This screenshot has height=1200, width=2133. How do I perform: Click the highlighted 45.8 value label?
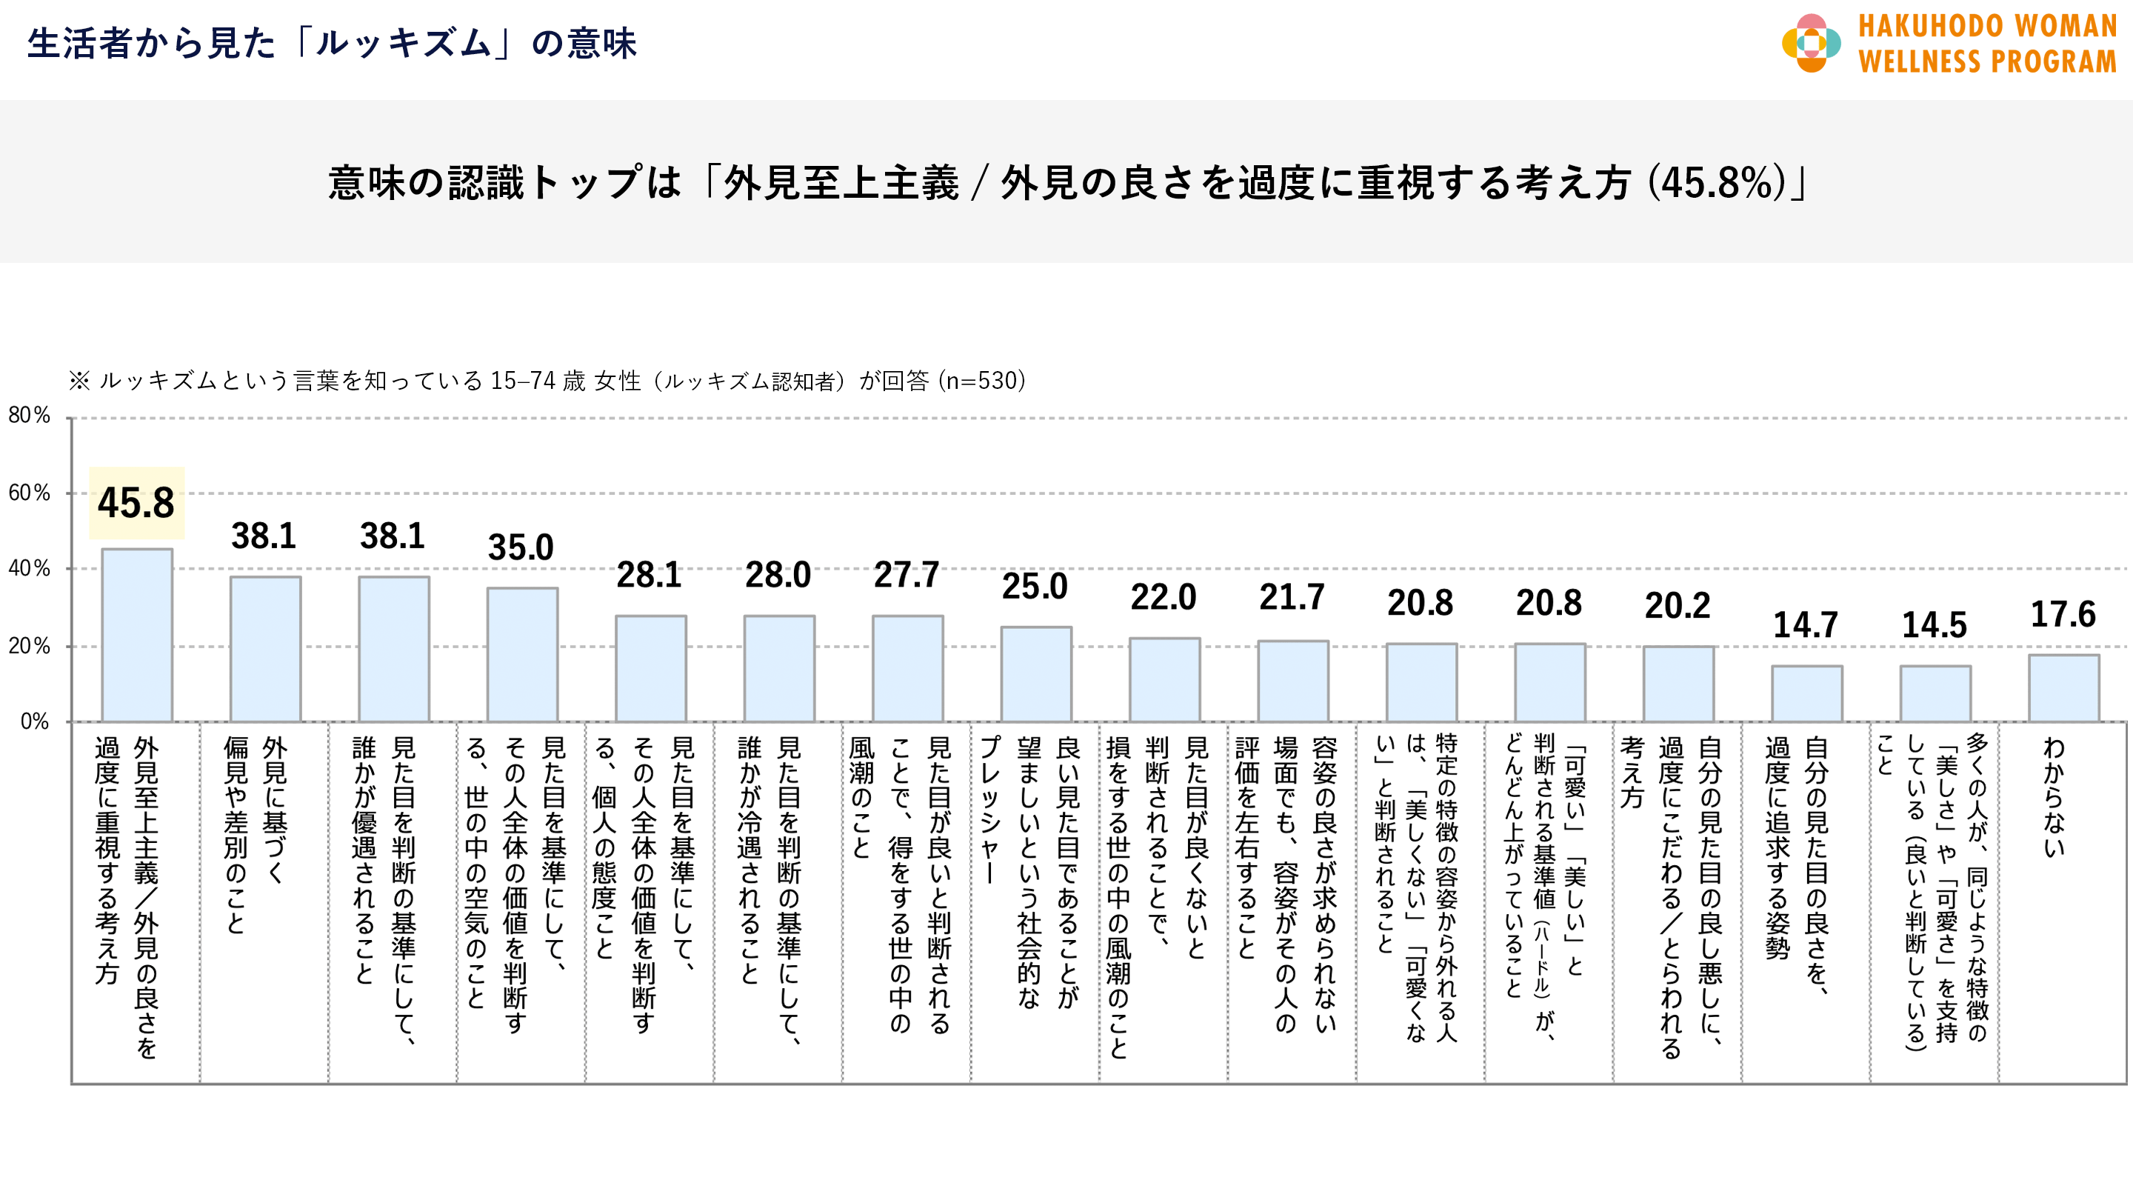[136, 503]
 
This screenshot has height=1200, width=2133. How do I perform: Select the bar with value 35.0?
[521, 654]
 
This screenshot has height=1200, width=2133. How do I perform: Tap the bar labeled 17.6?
[2063, 687]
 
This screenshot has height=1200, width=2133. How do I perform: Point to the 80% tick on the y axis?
[30, 415]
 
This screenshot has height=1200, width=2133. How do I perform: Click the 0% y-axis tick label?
[35, 721]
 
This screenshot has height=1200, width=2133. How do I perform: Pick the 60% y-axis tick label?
[30, 493]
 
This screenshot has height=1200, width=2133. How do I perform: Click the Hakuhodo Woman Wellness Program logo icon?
[1811, 43]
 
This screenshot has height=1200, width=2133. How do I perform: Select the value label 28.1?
[650, 575]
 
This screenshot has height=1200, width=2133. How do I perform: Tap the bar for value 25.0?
[1036, 673]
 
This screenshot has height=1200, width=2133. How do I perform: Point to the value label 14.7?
[1805, 624]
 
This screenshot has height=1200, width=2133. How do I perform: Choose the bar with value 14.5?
[1935, 693]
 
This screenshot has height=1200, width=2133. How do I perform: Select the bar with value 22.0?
[1164, 679]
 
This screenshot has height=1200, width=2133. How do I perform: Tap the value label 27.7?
[906, 575]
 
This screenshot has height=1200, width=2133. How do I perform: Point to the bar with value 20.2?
[1678, 683]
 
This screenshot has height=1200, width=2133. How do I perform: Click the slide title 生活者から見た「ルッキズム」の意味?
[331, 43]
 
